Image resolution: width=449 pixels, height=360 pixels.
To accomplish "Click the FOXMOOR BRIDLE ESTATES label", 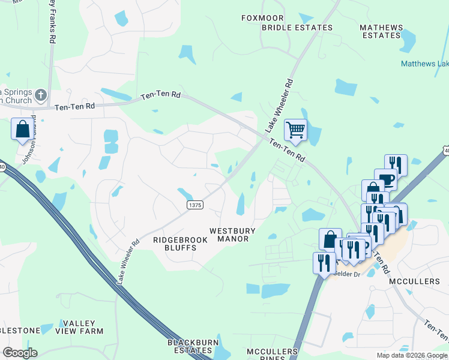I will click(286, 23).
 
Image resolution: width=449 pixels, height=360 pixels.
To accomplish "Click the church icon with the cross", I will click(40, 95).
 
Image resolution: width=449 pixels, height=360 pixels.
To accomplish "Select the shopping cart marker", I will click(295, 129).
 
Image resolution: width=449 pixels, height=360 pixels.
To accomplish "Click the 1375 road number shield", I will click(195, 205).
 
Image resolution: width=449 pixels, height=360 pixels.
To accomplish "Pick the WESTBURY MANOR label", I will click(233, 235).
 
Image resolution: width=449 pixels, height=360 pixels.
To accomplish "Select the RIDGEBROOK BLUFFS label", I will click(180, 244).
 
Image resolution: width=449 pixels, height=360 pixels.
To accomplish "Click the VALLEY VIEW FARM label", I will click(79, 326).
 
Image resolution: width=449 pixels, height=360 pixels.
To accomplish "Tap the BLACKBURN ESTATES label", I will click(190, 346).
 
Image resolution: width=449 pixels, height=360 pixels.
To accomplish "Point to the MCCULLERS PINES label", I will click(272, 354).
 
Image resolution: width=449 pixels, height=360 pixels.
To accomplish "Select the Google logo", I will click(20, 353).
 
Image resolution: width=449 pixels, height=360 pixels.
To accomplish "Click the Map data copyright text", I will click(412, 355).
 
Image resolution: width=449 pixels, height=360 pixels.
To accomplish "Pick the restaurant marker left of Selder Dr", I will click(324, 263).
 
